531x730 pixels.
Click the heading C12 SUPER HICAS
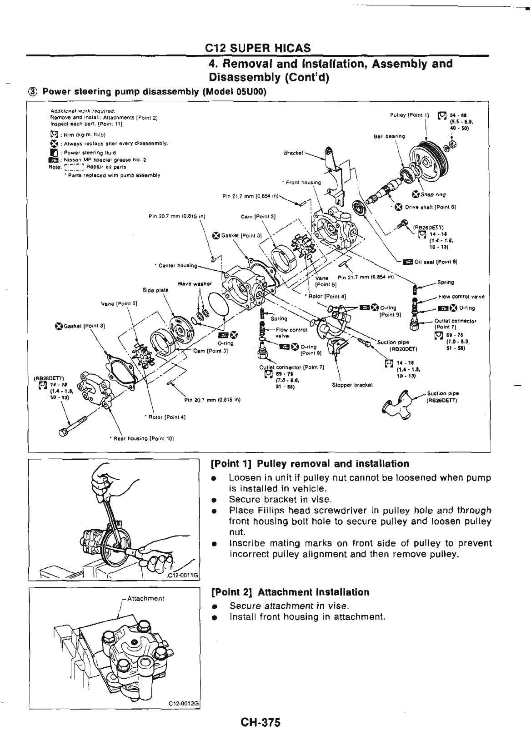[258, 48]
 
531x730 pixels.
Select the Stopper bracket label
[352, 384]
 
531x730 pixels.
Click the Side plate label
[155, 289]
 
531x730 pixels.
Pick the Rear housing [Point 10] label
[142, 438]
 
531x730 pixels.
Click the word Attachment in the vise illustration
[145, 598]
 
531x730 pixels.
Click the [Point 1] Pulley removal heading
[310, 464]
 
